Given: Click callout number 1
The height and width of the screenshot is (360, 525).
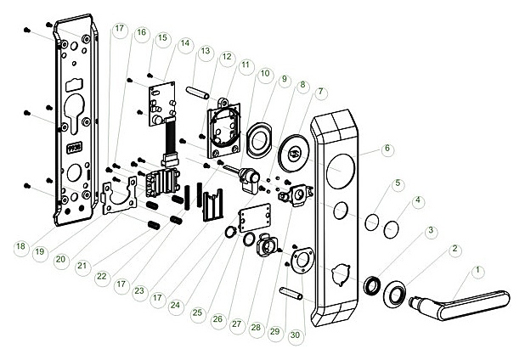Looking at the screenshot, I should (x=477, y=269).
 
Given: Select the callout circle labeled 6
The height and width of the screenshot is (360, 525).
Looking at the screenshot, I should (x=387, y=148).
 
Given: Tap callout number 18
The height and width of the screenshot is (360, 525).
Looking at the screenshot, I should (x=20, y=246).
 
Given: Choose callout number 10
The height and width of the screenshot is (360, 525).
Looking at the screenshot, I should (x=265, y=74).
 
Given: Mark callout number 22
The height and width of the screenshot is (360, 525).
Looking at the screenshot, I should (x=102, y=276).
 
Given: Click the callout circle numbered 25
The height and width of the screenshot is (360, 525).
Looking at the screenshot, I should (x=197, y=313).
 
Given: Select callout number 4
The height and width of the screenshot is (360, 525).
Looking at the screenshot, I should (x=417, y=200).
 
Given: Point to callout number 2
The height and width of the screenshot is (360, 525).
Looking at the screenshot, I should (x=455, y=248).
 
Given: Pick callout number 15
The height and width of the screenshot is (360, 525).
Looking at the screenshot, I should (x=162, y=38).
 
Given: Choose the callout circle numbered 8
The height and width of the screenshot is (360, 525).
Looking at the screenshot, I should (x=302, y=84).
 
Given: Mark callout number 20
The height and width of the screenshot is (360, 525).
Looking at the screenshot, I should (x=59, y=260).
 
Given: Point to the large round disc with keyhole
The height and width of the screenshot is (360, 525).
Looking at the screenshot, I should (x=296, y=153).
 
